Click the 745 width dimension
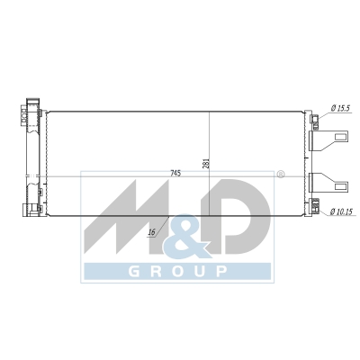175,174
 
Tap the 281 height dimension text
207,164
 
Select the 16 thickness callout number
152,232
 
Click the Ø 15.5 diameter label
340,109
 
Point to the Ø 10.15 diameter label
341,211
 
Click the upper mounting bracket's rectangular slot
341,137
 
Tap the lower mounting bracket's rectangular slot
341,186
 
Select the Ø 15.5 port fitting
315,121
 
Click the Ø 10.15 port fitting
315,206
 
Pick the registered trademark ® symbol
280,175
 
